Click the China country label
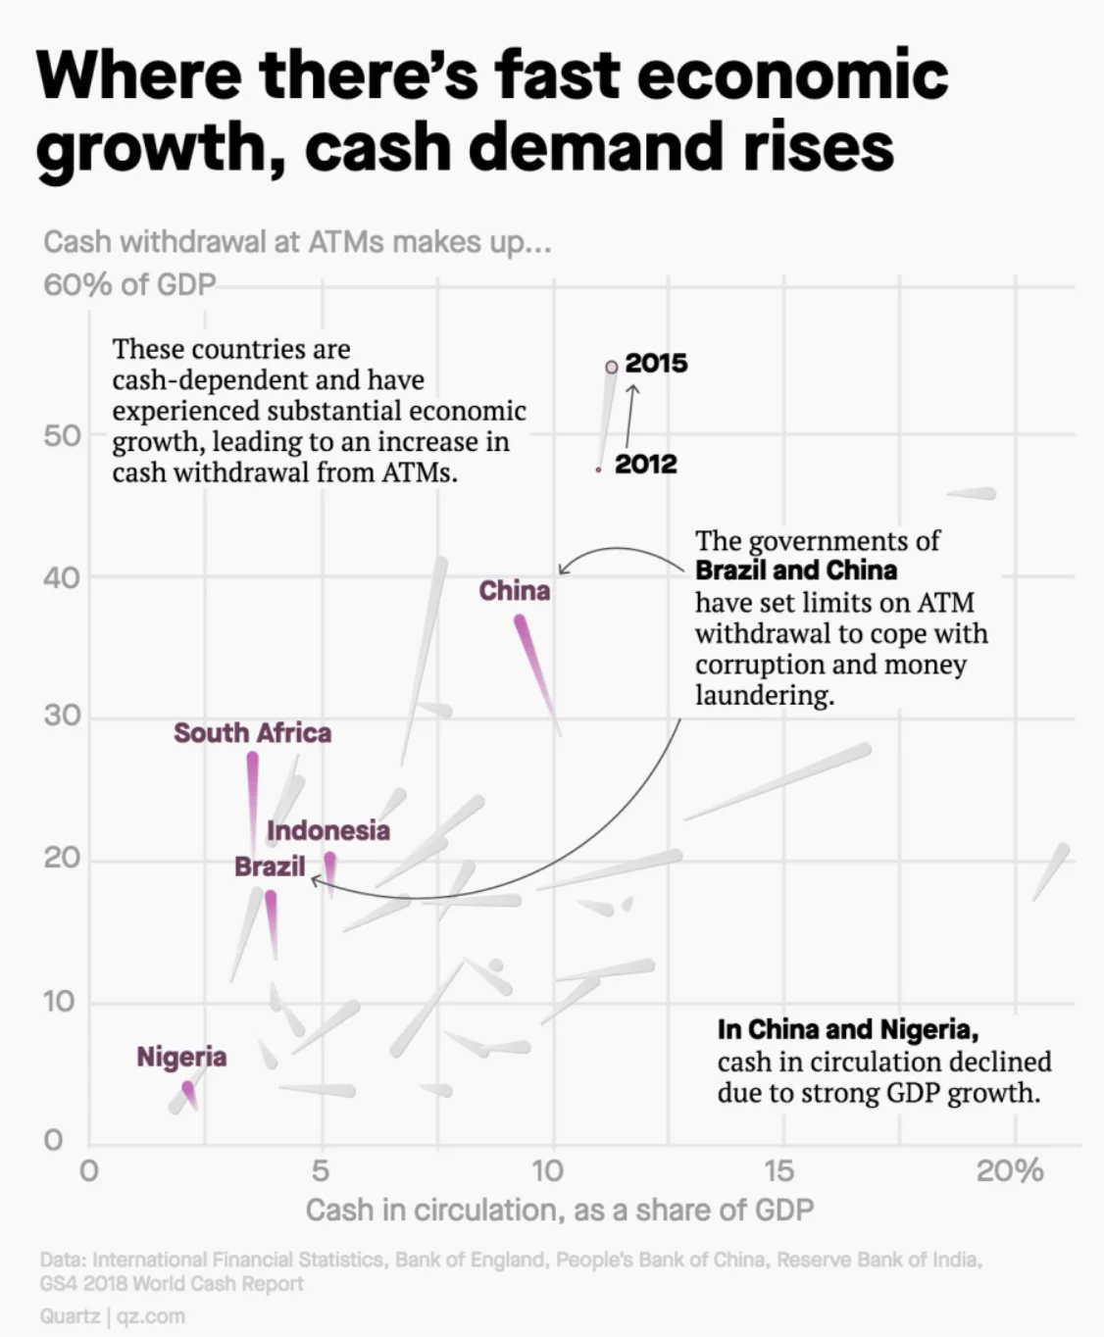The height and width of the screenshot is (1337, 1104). (514, 590)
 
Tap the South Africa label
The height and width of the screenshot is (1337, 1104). (252, 732)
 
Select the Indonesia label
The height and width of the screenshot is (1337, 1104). (327, 830)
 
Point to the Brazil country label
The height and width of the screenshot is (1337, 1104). (270, 867)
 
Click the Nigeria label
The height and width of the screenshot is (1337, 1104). (181, 1057)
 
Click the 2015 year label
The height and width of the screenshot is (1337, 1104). (656, 363)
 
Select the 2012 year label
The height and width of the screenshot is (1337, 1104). (645, 464)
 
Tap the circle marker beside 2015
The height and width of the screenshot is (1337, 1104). (612, 366)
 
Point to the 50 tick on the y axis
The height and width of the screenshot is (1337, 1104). (62, 436)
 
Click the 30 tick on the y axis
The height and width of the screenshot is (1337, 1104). (62, 716)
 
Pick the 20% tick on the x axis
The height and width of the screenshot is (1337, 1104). (1010, 1170)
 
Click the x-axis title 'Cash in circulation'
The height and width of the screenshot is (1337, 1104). (559, 1210)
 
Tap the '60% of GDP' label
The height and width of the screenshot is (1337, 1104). (128, 284)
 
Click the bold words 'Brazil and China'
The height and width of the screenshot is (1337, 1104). (795, 570)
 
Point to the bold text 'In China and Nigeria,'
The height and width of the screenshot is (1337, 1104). (847, 1029)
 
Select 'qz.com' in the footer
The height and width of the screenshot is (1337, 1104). (150, 1315)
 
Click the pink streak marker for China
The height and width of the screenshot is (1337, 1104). (534, 667)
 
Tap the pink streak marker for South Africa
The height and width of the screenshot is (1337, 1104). (253, 794)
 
